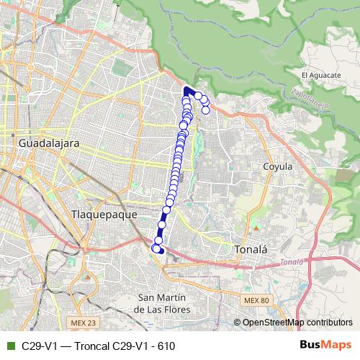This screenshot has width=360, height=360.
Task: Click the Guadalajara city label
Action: (48, 143)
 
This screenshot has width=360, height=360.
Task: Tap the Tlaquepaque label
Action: (100, 215)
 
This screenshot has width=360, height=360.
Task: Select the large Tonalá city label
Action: (251, 250)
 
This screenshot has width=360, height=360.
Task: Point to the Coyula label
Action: (277, 166)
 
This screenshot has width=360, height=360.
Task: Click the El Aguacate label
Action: (320, 75)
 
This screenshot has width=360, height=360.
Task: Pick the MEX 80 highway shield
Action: (254, 300)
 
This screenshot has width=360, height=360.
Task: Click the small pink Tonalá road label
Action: (292, 262)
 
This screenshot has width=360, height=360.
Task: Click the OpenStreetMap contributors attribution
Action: (297, 323)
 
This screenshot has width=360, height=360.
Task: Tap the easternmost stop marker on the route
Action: (205, 109)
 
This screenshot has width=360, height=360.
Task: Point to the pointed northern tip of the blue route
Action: (186, 88)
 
